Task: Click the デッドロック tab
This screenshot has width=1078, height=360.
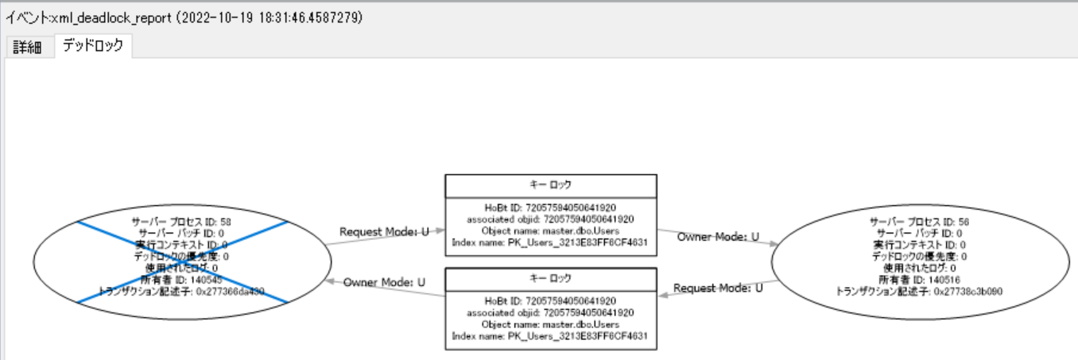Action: (x=93, y=46)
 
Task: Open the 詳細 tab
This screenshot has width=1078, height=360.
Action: (x=27, y=47)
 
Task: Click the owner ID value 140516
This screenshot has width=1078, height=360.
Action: (x=941, y=280)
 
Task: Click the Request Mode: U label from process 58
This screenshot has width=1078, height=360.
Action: (x=384, y=231)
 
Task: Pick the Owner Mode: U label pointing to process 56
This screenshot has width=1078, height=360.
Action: (x=718, y=237)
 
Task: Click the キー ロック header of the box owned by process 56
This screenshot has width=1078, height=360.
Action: (x=550, y=185)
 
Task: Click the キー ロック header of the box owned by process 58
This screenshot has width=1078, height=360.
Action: (x=550, y=278)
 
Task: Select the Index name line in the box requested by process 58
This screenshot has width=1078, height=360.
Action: (x=550, y=242)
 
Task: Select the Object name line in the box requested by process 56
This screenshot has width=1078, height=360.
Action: (x=550, y=324)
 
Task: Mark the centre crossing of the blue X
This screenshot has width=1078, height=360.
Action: (x=182, y=261)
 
